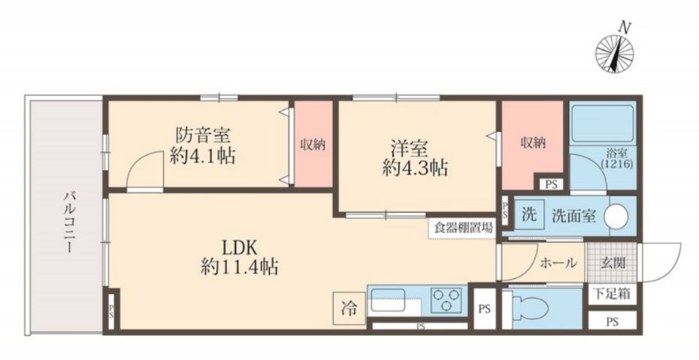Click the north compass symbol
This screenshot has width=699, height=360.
[x=614, y=53]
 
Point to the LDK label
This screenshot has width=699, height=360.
[x=240, y=246]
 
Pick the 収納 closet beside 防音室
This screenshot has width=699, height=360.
[x=313, y=145]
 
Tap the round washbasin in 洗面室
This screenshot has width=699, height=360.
[x=617, y=216]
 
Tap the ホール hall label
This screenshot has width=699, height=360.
[x=558, y=263]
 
